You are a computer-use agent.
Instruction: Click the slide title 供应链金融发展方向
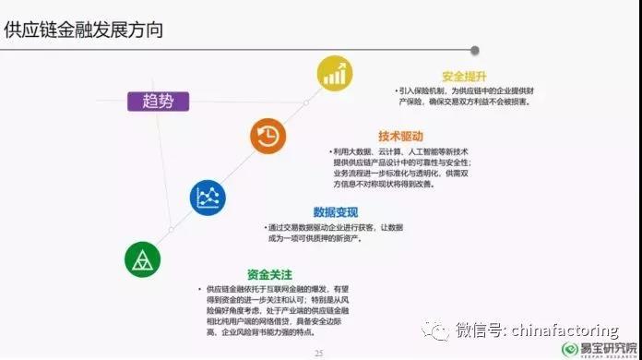84,29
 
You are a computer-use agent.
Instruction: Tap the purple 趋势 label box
158,102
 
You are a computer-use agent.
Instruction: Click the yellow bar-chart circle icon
336,73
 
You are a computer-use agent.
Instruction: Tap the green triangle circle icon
143,259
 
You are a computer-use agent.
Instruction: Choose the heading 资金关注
269,274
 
